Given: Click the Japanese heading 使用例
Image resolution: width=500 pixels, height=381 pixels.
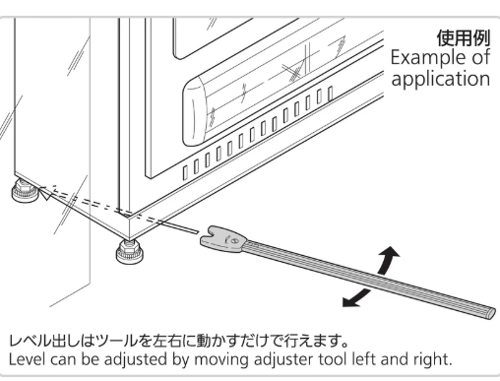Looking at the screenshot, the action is tap(464, 38).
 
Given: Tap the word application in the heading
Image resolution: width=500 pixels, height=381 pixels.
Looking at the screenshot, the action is tap(441, 79).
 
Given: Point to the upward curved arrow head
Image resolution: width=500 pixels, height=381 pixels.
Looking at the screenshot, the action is tap(391, 252).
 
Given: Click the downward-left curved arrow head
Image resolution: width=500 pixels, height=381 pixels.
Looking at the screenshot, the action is tap(349, 302).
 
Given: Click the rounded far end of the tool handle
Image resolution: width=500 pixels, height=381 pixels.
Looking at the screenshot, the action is tap(490, 313).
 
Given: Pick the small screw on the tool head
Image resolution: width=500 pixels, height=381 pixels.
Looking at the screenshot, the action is tap(233, 241).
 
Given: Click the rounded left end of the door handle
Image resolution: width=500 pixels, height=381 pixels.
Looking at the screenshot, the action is tap(194, 110).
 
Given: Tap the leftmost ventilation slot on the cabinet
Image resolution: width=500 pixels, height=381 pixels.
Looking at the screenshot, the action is tap(185, 173).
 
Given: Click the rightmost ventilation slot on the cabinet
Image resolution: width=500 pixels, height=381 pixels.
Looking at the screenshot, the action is tap(331, 94).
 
